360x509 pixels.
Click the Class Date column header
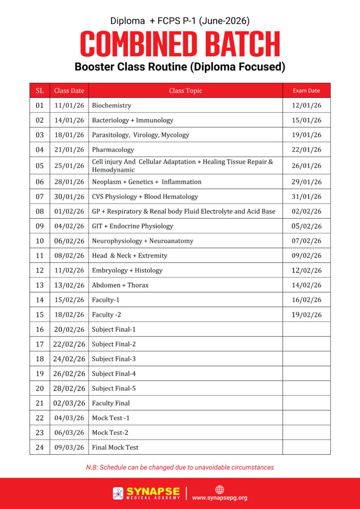point(69,90)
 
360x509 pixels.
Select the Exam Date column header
point(306,90)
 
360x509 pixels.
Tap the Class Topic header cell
point(185,90)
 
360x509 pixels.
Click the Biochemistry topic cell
point(112,105)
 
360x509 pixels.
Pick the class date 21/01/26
point(69,150)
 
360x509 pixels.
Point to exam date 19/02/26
point(306,315)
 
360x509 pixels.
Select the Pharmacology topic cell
point(113,150)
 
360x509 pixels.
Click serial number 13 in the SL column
point(40,285)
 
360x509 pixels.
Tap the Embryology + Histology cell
point(127,270)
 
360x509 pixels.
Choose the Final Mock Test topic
point(115,447)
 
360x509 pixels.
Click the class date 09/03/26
point(69,447)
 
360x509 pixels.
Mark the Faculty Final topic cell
point(111,403)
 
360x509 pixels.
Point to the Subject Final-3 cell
point(114,359)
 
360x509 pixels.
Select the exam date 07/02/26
point(306,241)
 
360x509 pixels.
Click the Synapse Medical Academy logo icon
point(118,493)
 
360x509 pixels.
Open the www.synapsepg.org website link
point(219,498)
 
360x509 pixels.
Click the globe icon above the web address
point(219,489)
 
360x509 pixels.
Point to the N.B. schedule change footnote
point(180,467)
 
